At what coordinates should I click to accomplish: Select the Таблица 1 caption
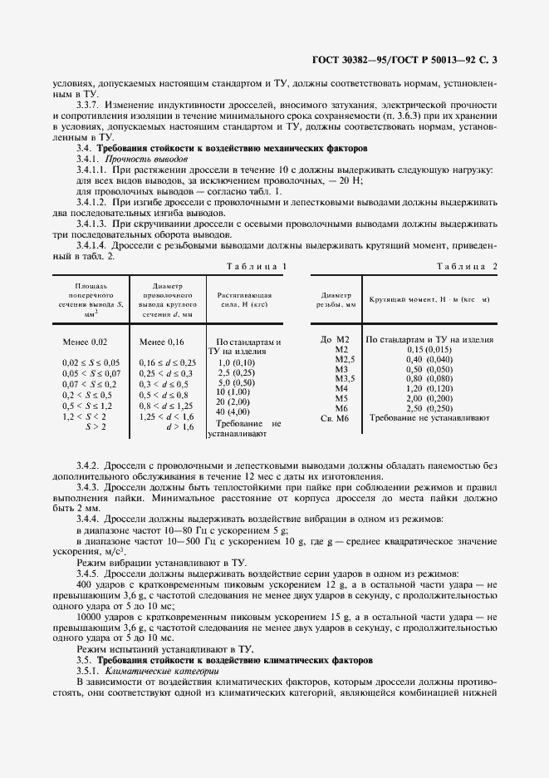click(248, 266)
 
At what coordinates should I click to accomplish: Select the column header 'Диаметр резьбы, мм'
click(336, 300)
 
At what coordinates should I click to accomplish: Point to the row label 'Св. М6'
click(341, 420)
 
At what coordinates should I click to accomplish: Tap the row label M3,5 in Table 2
click(344, 378)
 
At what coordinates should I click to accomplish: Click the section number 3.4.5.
click(89, 573)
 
